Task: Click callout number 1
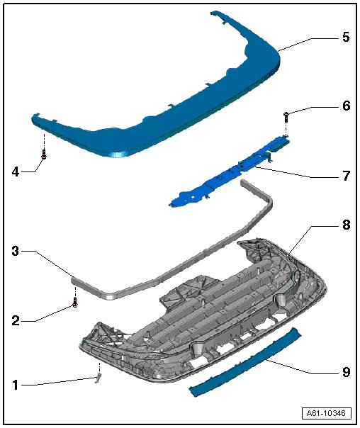tap(16, 385)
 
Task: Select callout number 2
tap(16, 320)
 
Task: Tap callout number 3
tap(16, 251)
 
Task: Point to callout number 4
tap(16, 172)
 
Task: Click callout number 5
tap(346, 37)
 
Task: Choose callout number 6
tap(346, 106)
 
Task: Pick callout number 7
tap(346, 176)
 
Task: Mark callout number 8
tap(346, 225)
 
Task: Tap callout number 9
tap(346, 372)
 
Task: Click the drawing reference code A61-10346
tap(327, 413)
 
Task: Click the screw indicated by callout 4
tap(44, 154)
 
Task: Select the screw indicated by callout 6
tap(286, 117)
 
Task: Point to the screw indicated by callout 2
tap(75, 302)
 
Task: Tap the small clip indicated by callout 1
tap(99, 378)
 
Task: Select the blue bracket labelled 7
tap(229, 172)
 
